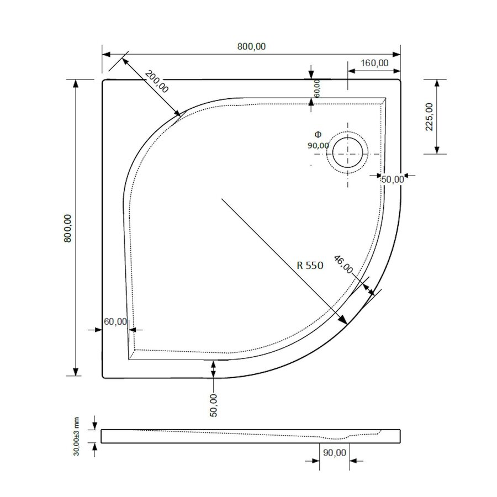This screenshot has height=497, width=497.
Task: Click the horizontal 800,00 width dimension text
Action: [252, 47]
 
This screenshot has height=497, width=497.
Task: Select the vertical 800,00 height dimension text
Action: [68, 227]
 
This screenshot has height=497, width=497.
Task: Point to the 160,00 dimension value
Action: [374, 63]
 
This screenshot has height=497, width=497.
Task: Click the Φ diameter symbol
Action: [317, 135]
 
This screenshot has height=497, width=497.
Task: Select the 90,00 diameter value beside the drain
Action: [318, 145]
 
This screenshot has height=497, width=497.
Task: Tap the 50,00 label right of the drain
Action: [393, 178]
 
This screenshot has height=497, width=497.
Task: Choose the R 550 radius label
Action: [309, 265]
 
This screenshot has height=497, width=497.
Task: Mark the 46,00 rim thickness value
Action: [343, 265]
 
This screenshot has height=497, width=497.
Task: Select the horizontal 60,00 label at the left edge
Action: [115, 321]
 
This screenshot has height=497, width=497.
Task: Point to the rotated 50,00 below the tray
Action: [214, 404]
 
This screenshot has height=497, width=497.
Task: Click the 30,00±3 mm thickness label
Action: [78, 436]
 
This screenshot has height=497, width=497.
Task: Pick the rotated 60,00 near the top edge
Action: [316, 88]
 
